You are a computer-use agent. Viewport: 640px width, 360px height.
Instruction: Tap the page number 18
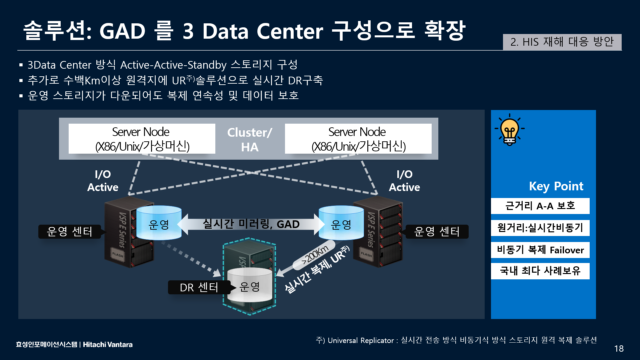tap(619, 349)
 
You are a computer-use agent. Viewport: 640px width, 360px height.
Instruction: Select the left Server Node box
tap(142, 139)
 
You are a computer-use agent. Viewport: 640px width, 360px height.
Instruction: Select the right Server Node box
tap(358, 139)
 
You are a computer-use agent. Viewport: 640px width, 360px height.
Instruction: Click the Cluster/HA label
tap(250, 140)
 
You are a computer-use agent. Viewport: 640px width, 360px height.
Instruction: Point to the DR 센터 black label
tap(199, 287)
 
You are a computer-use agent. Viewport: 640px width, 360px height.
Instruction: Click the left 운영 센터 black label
tap(69, 232)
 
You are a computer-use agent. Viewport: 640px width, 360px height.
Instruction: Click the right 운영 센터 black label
tap(437, 232)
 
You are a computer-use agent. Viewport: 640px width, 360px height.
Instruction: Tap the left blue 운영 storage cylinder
tap(159, 223)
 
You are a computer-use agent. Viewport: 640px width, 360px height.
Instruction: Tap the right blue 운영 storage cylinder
tap(341, 223)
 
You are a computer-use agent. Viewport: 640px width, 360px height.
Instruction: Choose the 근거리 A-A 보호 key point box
tap(540, 206)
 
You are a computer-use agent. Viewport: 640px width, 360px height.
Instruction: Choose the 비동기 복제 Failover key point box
tap(540, 250)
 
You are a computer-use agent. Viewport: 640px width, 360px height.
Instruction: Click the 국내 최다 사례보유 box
tap(540, 271)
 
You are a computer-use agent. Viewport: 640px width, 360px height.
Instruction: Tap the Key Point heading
tap(556, 186)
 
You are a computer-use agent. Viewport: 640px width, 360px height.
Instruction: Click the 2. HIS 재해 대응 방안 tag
tap(562, 42)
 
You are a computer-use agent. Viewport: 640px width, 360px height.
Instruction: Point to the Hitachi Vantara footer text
tap(108, 345)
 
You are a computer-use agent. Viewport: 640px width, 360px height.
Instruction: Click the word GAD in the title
tap(122, 31)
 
